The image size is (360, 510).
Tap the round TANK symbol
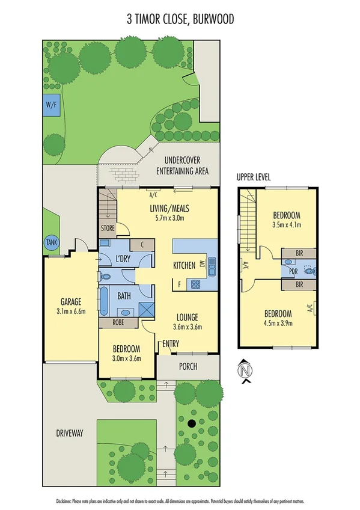[51, 242]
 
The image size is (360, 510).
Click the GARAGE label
[70, 301]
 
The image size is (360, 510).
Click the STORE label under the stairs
[108, 229]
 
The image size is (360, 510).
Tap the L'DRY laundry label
[123, 259]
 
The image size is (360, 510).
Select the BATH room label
[124, 296]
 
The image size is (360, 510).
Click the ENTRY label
[171, 344]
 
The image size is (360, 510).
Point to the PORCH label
[188, 367]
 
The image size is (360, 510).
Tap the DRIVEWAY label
[70, 433]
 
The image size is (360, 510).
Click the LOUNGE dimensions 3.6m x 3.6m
[186, 328]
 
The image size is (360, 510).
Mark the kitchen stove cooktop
[195, 284]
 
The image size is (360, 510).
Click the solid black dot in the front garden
[192, 423]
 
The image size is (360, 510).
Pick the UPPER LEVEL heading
[254, 177]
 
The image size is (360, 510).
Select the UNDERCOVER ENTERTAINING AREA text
[182, 166]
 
